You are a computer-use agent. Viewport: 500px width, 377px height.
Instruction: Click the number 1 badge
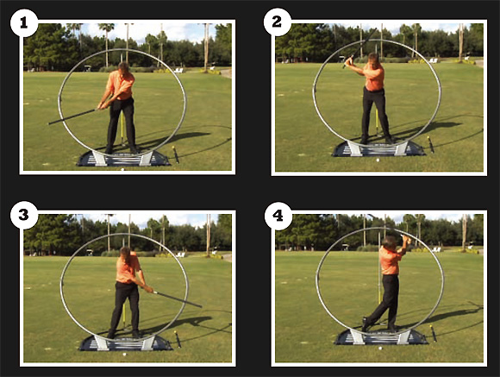coord(24,23)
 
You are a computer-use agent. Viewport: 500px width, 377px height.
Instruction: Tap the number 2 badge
coord(277,22)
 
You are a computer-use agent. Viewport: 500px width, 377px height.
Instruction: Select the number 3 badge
coord(24,215)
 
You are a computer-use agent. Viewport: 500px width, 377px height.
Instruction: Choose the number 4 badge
coord(278,216)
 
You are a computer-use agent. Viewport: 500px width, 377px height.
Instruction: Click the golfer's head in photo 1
coord(124,67)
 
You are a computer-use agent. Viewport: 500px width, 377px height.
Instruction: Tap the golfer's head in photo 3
coord(125,253)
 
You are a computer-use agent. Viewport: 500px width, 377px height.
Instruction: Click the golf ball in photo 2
coord(378,160)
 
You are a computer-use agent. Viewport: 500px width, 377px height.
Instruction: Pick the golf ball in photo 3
coord(125,354)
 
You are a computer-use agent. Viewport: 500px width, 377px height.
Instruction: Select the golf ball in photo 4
coord(380,348)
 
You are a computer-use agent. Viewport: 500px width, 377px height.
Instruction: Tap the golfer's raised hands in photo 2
coord(349,60)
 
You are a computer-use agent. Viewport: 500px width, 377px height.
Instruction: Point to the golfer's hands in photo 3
coord(148,290)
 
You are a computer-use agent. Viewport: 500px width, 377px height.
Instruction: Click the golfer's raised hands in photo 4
coord(405,238)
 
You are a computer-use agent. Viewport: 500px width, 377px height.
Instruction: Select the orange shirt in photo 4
coord(391,261)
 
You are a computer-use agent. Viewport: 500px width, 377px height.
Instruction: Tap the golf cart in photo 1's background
coord(87,68)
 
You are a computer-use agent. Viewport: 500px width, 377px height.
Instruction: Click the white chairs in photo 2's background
coord(433,60)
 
